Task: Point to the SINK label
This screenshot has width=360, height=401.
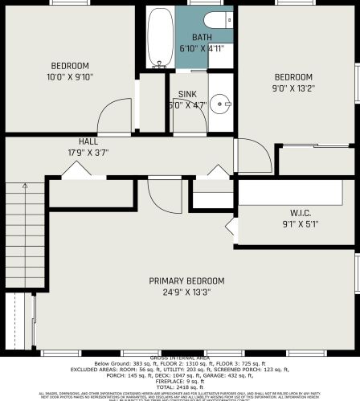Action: [x=187, y=94]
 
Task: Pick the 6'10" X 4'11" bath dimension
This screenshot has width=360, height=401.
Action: [x=203, y=48]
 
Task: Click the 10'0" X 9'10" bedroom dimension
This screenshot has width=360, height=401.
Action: [x=70, y=77]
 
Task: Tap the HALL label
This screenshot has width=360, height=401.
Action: [x=88, y=141]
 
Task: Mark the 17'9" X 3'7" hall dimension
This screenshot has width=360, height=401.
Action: [x=88, y=152]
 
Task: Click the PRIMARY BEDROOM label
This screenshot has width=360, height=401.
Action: [x=186, y=280]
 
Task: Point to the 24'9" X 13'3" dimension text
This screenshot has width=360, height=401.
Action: [x=186, y=292]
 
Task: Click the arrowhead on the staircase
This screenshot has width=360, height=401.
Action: [x=24, y=186]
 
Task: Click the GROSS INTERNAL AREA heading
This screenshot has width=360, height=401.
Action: [x=180, y=357]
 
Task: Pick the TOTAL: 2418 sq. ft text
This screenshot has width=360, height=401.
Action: [x=180, y=387]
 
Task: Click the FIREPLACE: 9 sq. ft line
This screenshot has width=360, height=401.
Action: [x=180, y=381]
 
